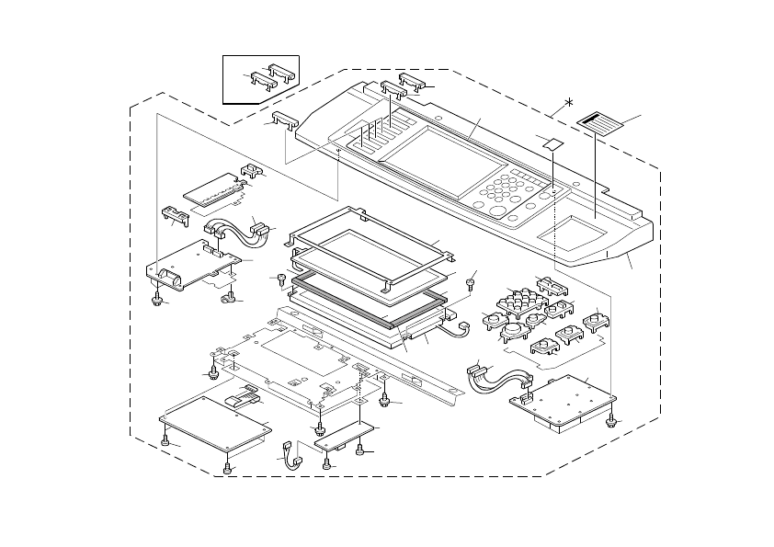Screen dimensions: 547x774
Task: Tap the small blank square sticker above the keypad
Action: [553, 144]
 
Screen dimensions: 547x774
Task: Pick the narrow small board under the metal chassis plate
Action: [345, 436]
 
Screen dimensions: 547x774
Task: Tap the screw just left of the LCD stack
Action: [279, 280]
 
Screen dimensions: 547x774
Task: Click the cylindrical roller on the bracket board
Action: [167, 274]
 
